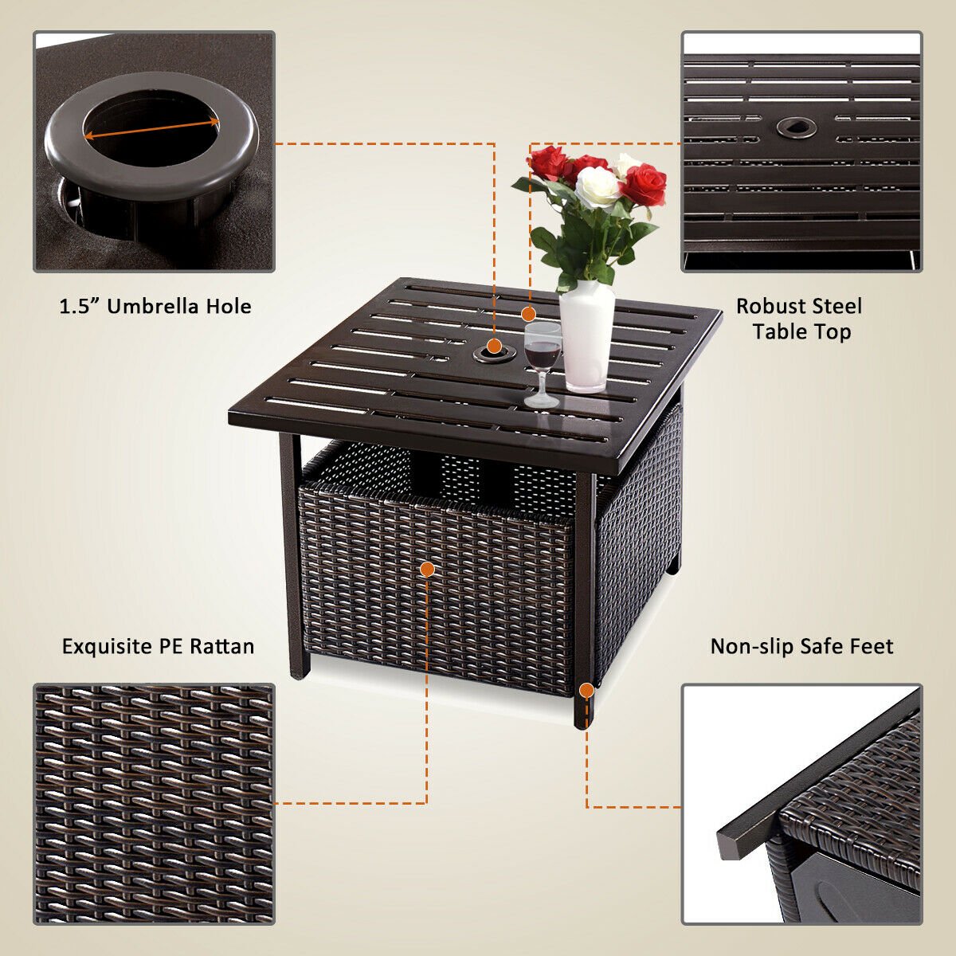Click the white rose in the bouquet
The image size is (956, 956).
(597, 187)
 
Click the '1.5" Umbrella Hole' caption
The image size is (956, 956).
(155, 306)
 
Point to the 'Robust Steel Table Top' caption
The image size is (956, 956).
(799, 319)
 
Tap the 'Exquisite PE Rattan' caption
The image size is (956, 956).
(158, 645)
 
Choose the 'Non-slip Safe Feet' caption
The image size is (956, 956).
(801, 645)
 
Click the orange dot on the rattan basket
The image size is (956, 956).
(427, 569)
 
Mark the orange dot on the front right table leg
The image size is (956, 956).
(586, 690)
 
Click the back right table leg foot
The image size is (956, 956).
(676, 567)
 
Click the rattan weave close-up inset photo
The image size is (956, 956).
(154, 803)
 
